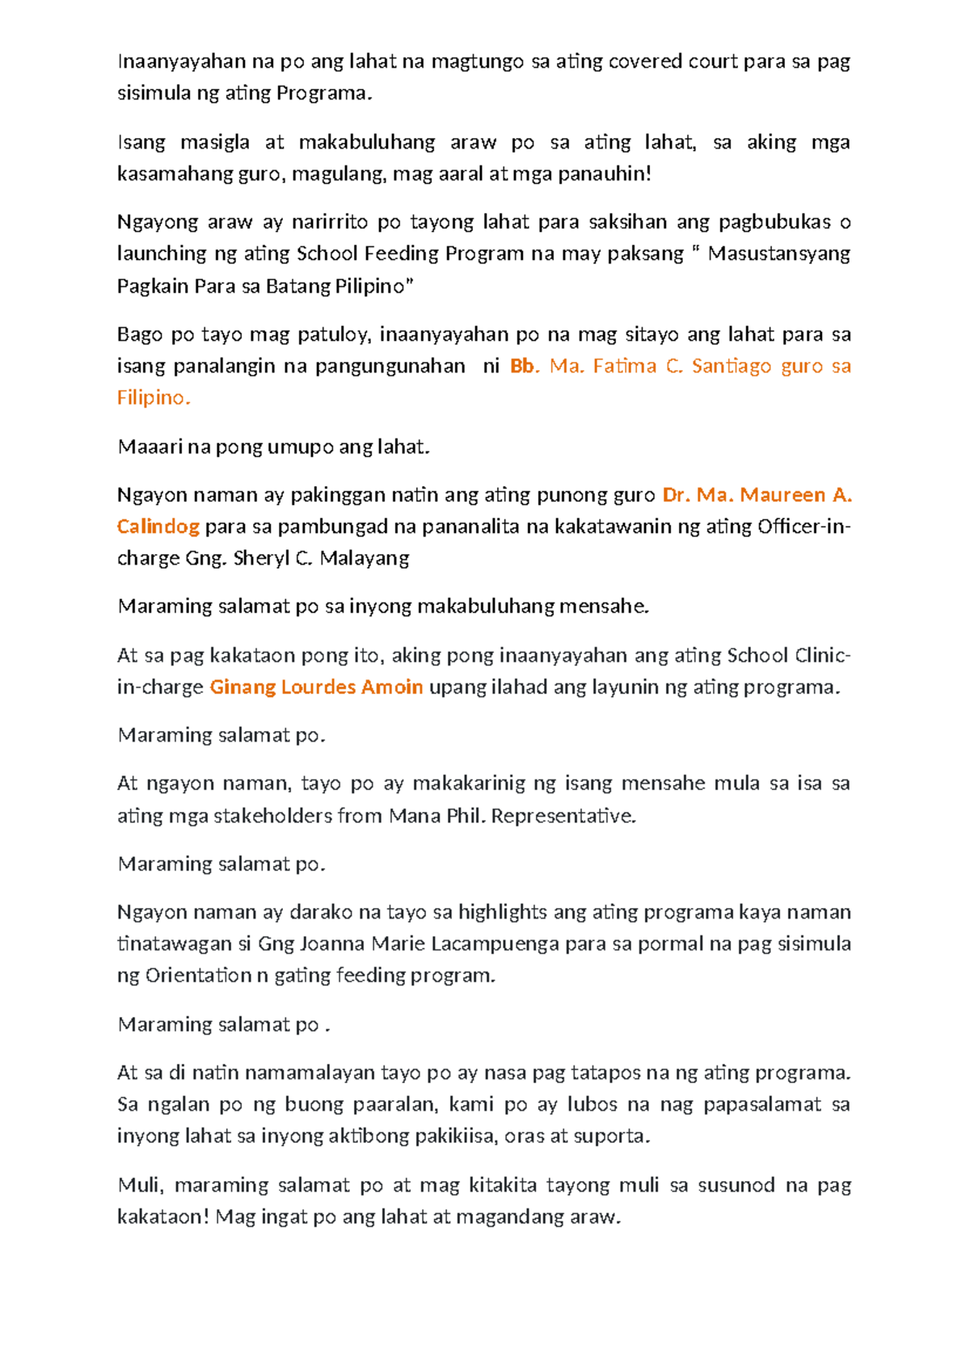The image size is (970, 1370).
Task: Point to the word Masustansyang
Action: [778, 254]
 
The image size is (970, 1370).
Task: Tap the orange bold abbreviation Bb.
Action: [523, 367]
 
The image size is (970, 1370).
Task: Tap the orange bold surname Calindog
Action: [158, 527]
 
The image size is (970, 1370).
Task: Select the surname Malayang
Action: [364, 558]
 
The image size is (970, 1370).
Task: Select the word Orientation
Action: [198, 976]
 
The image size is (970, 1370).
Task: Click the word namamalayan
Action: [310, 1073]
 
